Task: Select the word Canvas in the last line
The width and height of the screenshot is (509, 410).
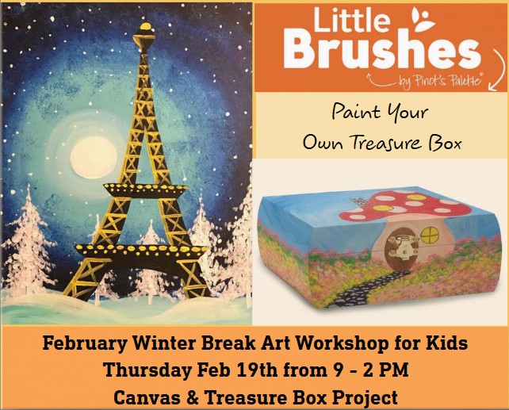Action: click(x=143, y=396)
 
